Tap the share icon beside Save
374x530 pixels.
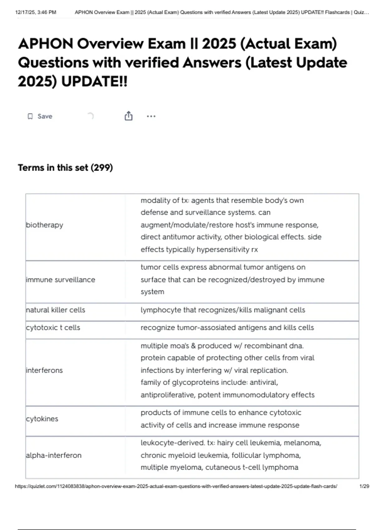click(x=128, y=116)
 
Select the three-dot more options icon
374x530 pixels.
click(x=151, y=116)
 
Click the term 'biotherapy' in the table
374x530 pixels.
click(x=45, y=225)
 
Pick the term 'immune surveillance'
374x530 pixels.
click(x=60, y=280)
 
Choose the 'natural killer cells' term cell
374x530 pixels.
click(x=55, y=310)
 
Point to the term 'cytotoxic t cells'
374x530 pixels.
click(x=53, y=327)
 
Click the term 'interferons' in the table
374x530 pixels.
click(x=44, y=370)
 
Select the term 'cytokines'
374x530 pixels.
click(x=42, y=419)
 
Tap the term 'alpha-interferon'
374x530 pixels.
click(x=54, y=455)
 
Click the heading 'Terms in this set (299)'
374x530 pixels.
click(x=65, y=168)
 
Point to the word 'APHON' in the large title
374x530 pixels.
click(x=46, y=44)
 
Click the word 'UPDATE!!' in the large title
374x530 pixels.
click(x=94, y=82)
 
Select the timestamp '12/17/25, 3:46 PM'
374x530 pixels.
click(x=36, y=12)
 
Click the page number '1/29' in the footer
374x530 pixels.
click(x=364, y=486)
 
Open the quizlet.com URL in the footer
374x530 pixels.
click(x=176, y=486)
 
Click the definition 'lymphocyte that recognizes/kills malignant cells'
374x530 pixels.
click(x=223, y=310)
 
